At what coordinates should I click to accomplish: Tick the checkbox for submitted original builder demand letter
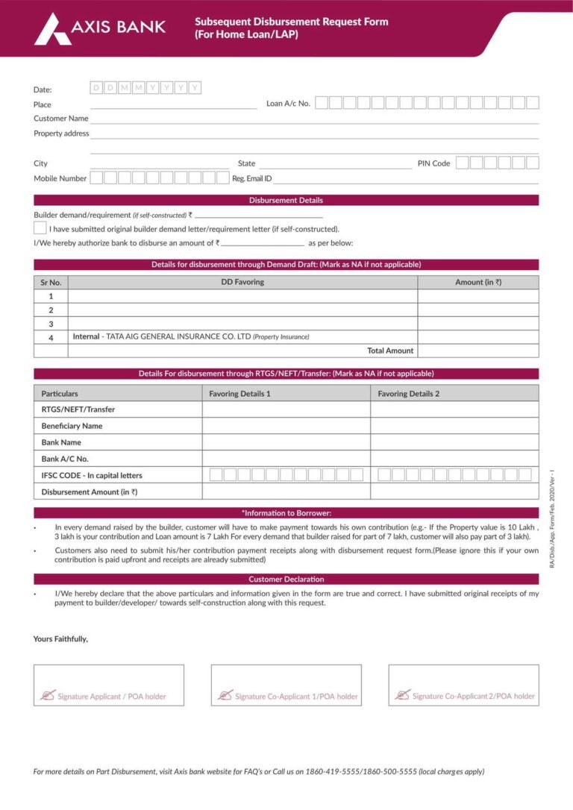coord(40,228)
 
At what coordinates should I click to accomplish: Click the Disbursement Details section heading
coord(286,201)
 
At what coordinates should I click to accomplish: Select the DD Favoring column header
coord(242,282)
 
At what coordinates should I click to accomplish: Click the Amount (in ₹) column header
coord(477,282)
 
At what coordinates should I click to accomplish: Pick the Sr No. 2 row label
coord(51,310)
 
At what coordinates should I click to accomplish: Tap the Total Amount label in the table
coord(389,351)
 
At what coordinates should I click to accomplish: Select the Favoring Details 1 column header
coord(239,393)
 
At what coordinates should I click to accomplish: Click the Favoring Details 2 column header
coord(408,393)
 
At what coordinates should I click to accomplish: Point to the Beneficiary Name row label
coord(72,426)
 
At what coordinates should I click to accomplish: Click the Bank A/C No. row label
coord(64,459)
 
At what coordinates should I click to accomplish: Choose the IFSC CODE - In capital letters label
coord(91,475)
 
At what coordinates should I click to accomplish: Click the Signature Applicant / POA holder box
coord(108,685)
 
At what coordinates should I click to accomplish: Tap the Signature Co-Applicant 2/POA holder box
coord(463,685)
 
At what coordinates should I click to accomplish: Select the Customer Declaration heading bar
coord(286,579)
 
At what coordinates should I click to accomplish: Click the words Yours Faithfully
coord(60,639)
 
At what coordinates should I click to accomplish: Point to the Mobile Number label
coord(60,178)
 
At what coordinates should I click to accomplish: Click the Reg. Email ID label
coord(251,178)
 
